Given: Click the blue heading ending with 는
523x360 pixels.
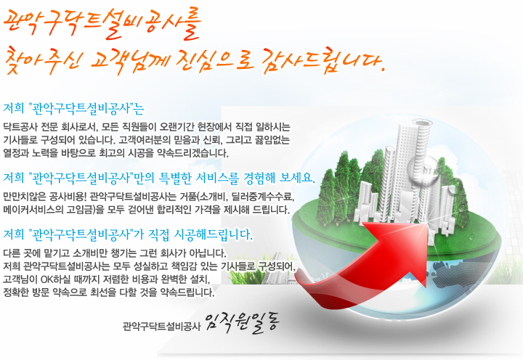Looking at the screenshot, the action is tap(73, 108).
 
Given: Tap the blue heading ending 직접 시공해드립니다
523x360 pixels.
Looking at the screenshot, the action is tap(128, 234).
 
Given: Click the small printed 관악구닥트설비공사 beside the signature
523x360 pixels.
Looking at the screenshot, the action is tap(161, 326).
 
